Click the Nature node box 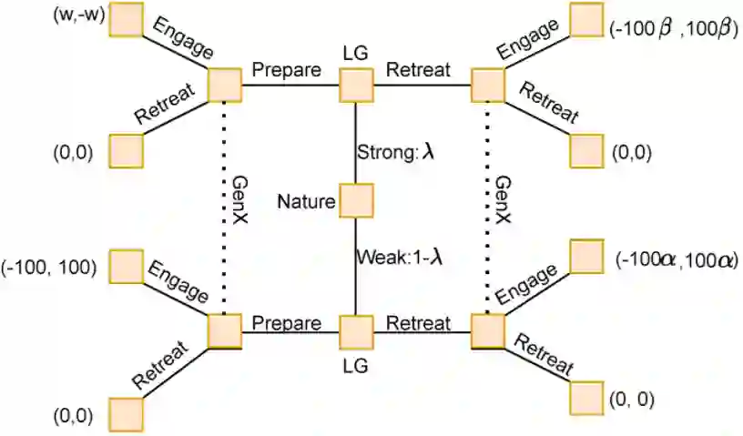pyautogui.click(x=356, y=200)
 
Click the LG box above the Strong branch pyautogui.click(x=356, y=86)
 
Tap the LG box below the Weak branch pyautogui.click(x=356, y=331)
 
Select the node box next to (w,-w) pyautogui.click(x=127, y=20)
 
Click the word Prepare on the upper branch pyautogui.click(x=287, y=69)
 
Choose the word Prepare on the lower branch pyautogui.click(x=287, y=323)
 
